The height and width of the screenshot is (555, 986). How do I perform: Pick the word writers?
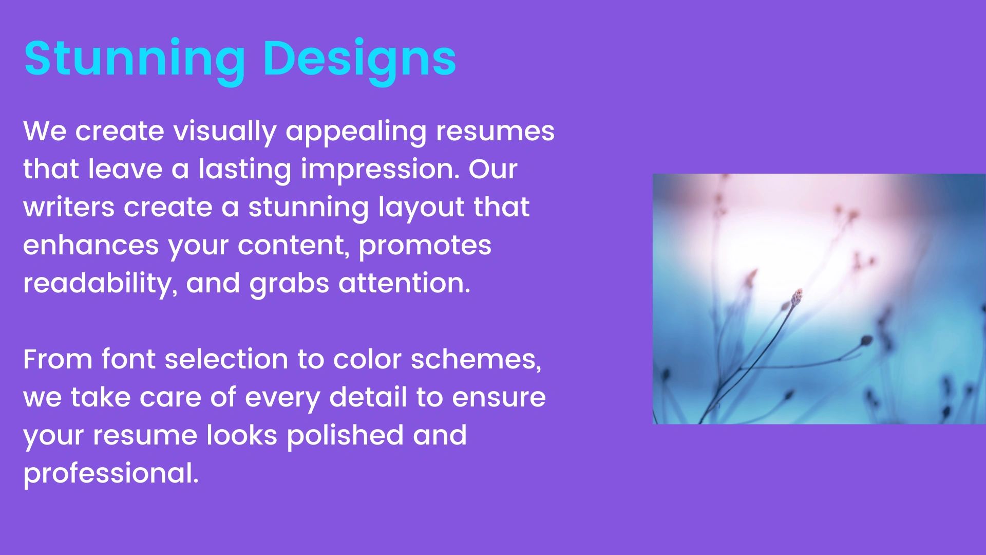click(69, 208)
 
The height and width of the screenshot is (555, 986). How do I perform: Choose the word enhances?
click(91, 246)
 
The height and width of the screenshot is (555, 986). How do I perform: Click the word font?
click(128, 359)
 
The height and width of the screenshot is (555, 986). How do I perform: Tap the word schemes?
click(476, 360)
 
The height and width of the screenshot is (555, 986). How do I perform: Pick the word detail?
click(368, 397)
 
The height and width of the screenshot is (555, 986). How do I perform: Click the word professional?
click(111, 474)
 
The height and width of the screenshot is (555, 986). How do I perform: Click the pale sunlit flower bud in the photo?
click(797, 297)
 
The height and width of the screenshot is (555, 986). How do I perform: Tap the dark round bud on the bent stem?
click(866, 340)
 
